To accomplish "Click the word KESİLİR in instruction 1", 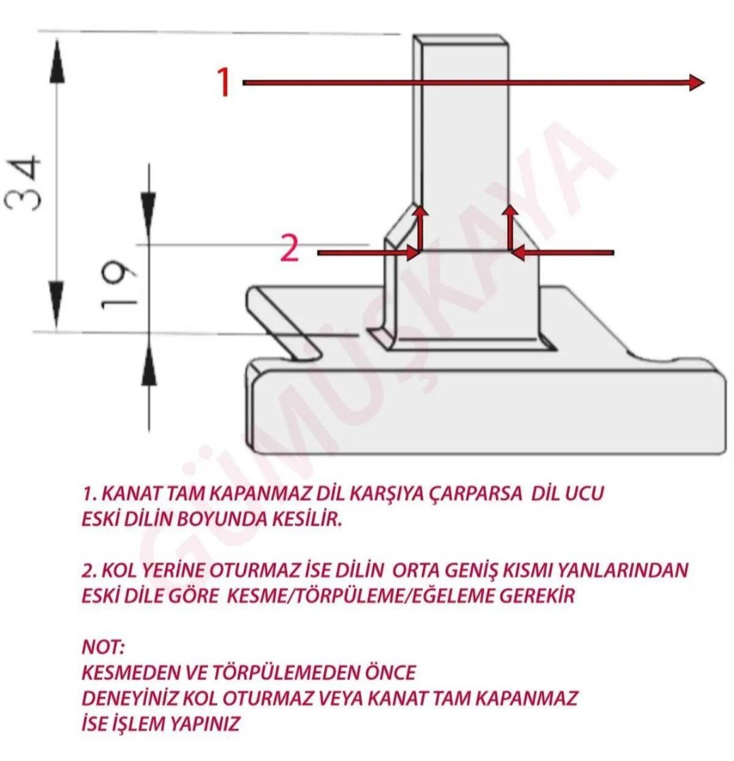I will [303, 520].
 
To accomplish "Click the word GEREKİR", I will [538, 596].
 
